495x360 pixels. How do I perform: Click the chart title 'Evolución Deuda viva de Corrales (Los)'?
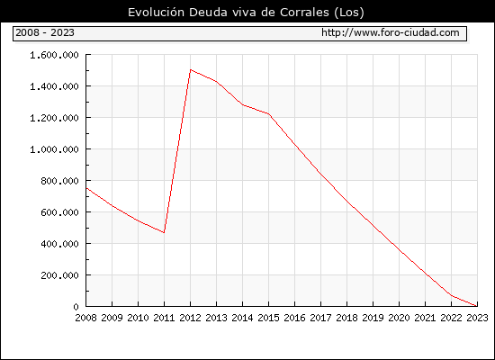coord(246,13)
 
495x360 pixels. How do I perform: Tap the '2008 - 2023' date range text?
coord(45,32)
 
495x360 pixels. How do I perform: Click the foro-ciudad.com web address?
coord(391,32)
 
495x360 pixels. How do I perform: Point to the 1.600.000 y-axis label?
coord(54,55)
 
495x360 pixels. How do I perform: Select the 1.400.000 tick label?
coord(54,86)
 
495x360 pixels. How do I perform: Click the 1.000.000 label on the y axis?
coord(54,149)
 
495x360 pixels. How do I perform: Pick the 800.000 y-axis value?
coord(59,181)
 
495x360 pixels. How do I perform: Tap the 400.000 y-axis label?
coord(59,244)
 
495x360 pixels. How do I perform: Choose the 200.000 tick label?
coord(59,275)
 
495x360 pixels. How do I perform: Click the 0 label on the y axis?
coord(76,307)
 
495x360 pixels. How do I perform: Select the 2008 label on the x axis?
coord(85,318)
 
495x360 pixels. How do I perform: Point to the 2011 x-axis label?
coord(164,318)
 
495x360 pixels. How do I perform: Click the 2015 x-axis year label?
coord(269,318)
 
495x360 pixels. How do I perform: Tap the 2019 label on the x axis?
coord(373,318)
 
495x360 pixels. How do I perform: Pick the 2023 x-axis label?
coord(477,318)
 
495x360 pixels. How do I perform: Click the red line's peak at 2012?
coord(191,70)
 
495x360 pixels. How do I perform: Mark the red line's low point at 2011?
coord(164,233)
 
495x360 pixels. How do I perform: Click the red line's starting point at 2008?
coord(86,188)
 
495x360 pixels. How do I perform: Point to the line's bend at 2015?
coord(269,114)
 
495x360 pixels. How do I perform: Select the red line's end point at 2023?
coord(477,306)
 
